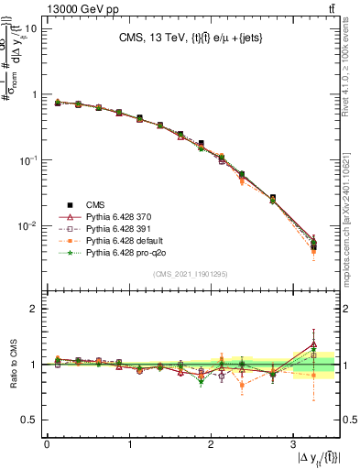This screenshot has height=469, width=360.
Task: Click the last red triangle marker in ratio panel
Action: coord(313,344)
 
